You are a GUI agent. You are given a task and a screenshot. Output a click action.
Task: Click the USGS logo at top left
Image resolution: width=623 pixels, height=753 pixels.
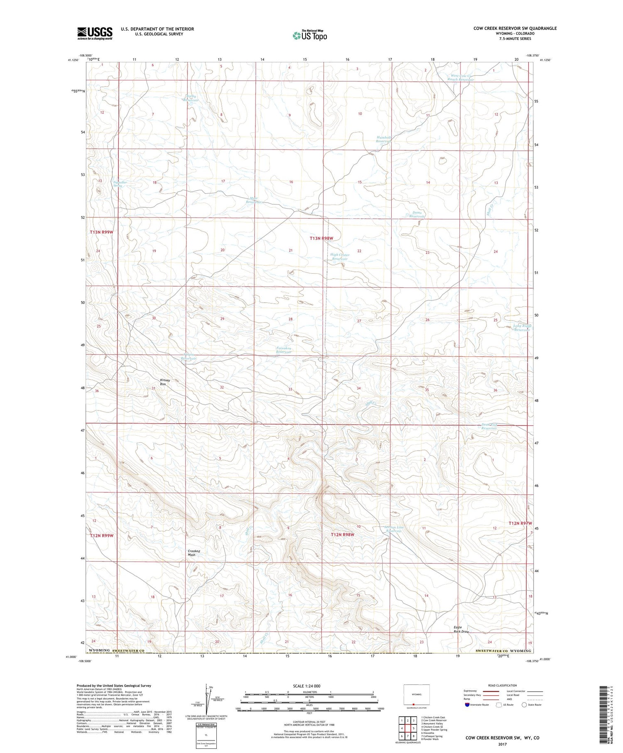pyautogui.click(x=95, y=33)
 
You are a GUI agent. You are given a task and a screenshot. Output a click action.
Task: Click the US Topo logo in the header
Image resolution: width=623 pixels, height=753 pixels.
pyautogui.click(x=309, y=35)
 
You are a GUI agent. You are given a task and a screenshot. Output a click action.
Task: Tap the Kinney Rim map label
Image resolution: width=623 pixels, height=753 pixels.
pyautogui.click(x=165, y=382)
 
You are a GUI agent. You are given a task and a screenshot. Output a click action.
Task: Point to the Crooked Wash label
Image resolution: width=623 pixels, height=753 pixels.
pyautogui.click(x=194, y=553)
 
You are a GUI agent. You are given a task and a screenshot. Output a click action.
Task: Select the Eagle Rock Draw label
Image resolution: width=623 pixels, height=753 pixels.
pyautogui.click(x=461, y=630)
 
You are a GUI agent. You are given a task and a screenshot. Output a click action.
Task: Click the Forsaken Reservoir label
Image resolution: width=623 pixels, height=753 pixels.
pyautogui.click(x=284, y=350)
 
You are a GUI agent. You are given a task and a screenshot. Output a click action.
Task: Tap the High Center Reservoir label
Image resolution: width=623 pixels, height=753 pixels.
pyautogui.click(x=340, y=257)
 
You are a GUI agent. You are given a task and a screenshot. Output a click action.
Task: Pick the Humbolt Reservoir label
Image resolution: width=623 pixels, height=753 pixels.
pyautogui.click(x=384, y=139)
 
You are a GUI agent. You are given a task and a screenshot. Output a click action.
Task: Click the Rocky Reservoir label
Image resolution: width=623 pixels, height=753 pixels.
pyautogui.click(x=191, y=98)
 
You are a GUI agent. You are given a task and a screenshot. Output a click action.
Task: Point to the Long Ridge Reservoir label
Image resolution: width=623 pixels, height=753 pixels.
pyautogui.click(x=522, y=328)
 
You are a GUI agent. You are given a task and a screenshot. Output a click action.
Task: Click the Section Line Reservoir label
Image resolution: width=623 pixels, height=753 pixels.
pyautogui.click(x=393, y=529)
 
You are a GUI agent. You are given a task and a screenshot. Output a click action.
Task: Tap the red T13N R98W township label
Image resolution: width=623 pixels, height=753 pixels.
pyautogui.click(x=321, y=238)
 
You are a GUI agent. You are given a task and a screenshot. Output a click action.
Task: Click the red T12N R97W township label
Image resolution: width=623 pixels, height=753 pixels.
pyautogui.click(x=520, y=523)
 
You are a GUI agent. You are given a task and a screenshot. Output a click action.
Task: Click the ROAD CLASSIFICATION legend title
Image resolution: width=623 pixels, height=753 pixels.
pyautogui.click(x=502, y=685)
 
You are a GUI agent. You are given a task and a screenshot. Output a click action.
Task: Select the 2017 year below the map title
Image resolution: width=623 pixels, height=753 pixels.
pyautogui.click(x=502, y=744)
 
